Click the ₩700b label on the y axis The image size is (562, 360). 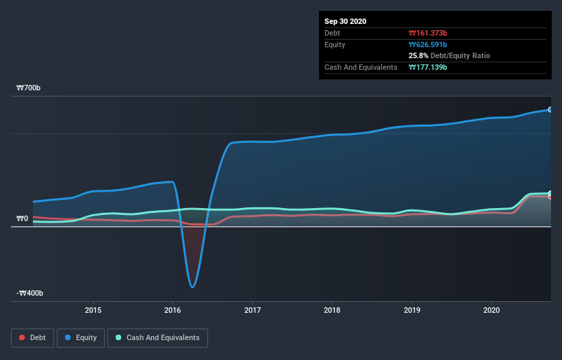click(28, 88)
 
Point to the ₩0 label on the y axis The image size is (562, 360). click(22, 219)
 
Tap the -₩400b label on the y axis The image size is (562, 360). click(31, 294)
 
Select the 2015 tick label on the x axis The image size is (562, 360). click(93, 310)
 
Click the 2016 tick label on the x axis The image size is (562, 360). click(173, 310)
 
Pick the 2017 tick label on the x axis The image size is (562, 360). click(253, 310)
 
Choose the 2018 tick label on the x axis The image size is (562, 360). click(332, 310)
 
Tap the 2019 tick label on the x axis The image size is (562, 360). click(412, 310)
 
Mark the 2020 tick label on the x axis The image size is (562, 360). click(491, 310)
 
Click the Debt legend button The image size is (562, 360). click(31, 337)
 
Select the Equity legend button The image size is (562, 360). click(81, 337)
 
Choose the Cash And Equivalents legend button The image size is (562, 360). click(157, 337)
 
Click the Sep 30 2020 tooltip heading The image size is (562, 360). click(346, 21)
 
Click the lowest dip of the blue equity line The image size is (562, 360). click(193, 287)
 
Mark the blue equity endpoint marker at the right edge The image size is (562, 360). click(550, 110)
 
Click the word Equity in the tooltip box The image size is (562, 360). click(335, 44)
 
